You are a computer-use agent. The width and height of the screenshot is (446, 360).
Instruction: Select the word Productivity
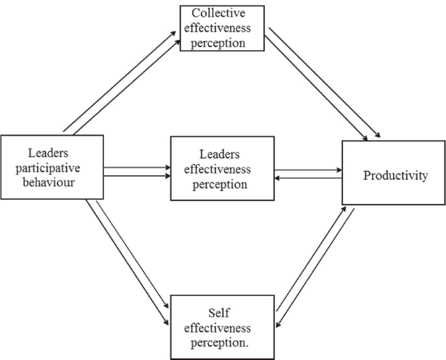395,175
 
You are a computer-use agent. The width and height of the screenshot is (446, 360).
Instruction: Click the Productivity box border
343,173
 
